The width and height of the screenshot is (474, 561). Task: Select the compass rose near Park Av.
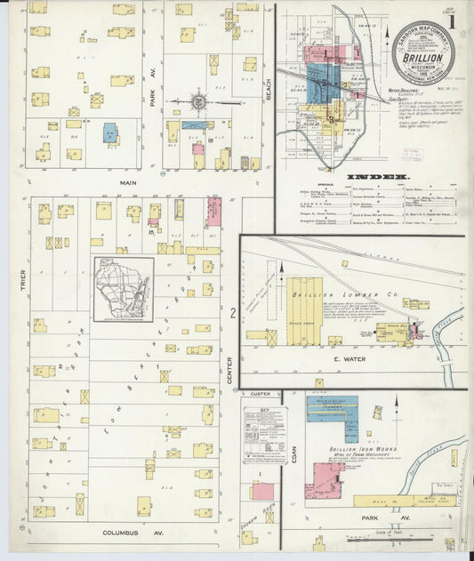pyautogui.click(x=198, y=102)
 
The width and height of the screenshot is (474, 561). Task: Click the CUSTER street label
pyautogui.click(x=260, y=393)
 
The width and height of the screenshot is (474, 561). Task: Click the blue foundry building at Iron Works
pyautogui.click(x=332, y=408)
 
